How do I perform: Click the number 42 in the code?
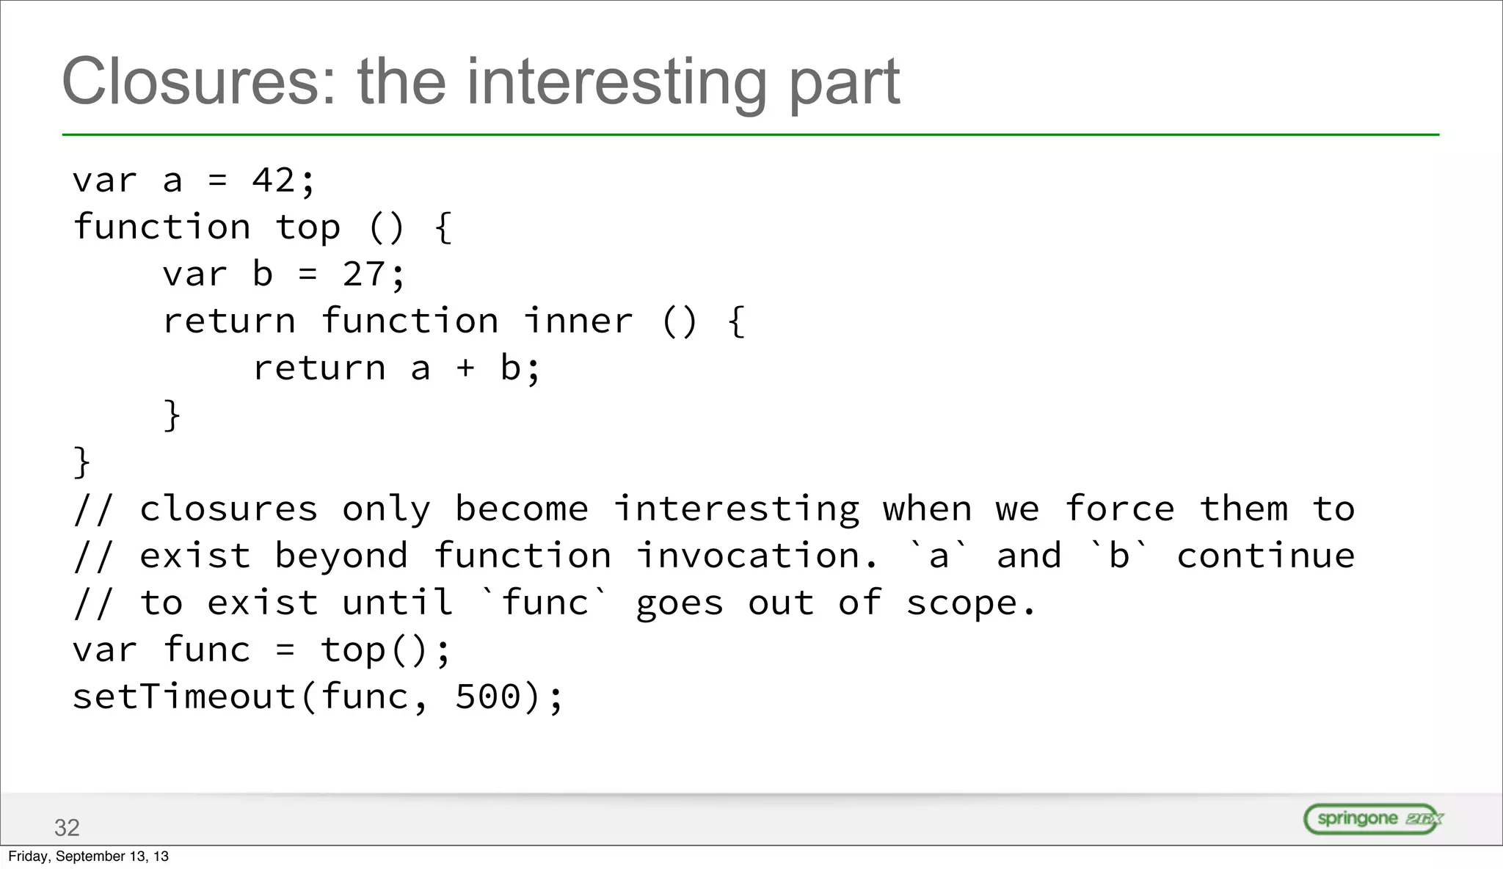[274, 181]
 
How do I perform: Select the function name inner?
[578, 321]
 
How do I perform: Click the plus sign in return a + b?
[465, 368]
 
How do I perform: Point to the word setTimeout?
[184, 697]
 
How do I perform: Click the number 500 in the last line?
[487, 697]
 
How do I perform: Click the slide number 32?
[67, 828]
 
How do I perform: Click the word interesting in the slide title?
[616, 82]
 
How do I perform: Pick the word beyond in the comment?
[341, 556]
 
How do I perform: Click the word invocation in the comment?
[757, 556]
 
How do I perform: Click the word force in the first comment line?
[1120, 509]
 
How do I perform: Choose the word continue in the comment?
[1266, 556]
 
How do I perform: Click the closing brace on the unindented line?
[82, 462]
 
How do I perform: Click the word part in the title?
[844, 82]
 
